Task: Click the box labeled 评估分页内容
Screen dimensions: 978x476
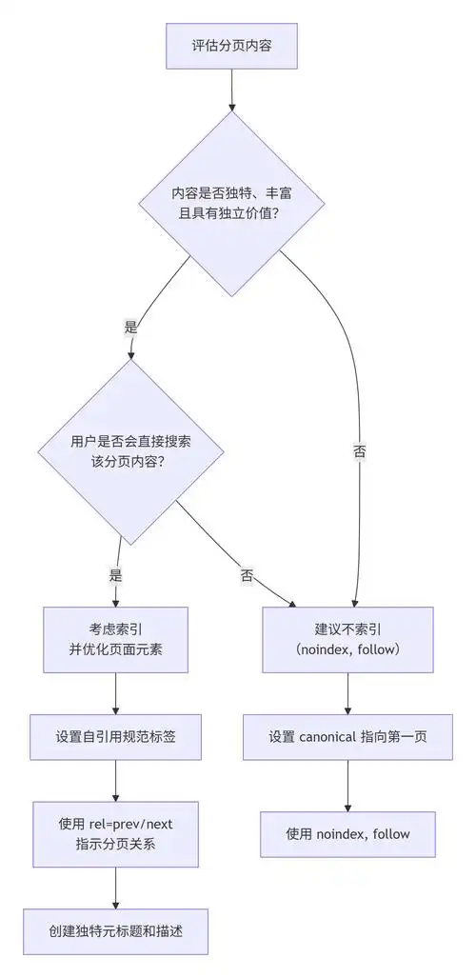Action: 231,45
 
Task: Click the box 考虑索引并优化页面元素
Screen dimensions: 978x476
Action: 115,639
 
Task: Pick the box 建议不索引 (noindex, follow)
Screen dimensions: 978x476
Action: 347,639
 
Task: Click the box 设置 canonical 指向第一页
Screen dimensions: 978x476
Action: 347,736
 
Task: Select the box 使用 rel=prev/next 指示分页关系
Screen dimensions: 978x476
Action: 115,834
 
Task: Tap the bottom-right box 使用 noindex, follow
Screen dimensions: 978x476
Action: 347,834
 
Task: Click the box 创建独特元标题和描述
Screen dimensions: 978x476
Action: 115,932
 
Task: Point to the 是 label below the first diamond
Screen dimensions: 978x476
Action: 131,327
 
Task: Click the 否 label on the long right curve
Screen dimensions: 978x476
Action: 359,451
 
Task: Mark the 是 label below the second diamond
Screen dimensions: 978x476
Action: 117,575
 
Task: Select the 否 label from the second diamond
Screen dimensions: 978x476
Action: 247,575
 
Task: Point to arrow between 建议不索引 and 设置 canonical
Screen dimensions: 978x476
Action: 347,691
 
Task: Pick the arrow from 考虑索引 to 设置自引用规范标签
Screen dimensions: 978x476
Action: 115,691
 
